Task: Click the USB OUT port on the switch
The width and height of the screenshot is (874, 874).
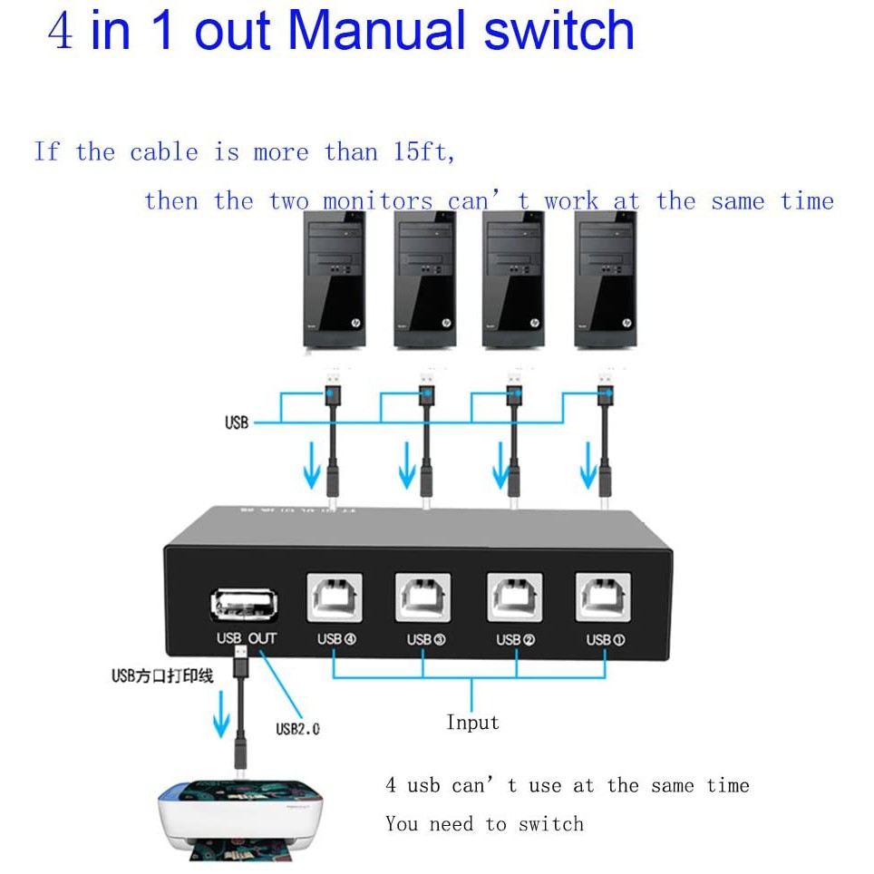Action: click(x=244, y=605)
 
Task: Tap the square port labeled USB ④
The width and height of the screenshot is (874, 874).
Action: click(x=335, y=597)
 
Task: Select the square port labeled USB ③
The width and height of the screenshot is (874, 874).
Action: click(x=423, y=597)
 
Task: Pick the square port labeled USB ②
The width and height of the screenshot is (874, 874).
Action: click(x=514, y=597)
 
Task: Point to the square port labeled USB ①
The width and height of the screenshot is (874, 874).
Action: click(x=604, y=597)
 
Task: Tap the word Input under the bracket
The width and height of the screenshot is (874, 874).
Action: click(x=472, y=723)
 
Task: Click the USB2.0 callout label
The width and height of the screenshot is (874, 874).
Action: click(x=297, y=727)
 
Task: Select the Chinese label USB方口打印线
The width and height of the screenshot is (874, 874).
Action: click(x=162, y=675)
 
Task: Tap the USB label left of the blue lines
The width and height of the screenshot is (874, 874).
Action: click(x=236, y=422)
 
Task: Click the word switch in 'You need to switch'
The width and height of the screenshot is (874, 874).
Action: click(x=551, y=824)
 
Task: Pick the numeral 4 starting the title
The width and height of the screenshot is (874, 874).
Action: click(x=61, y=31)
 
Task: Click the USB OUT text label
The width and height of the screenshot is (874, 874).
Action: click(x=246, y=638)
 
